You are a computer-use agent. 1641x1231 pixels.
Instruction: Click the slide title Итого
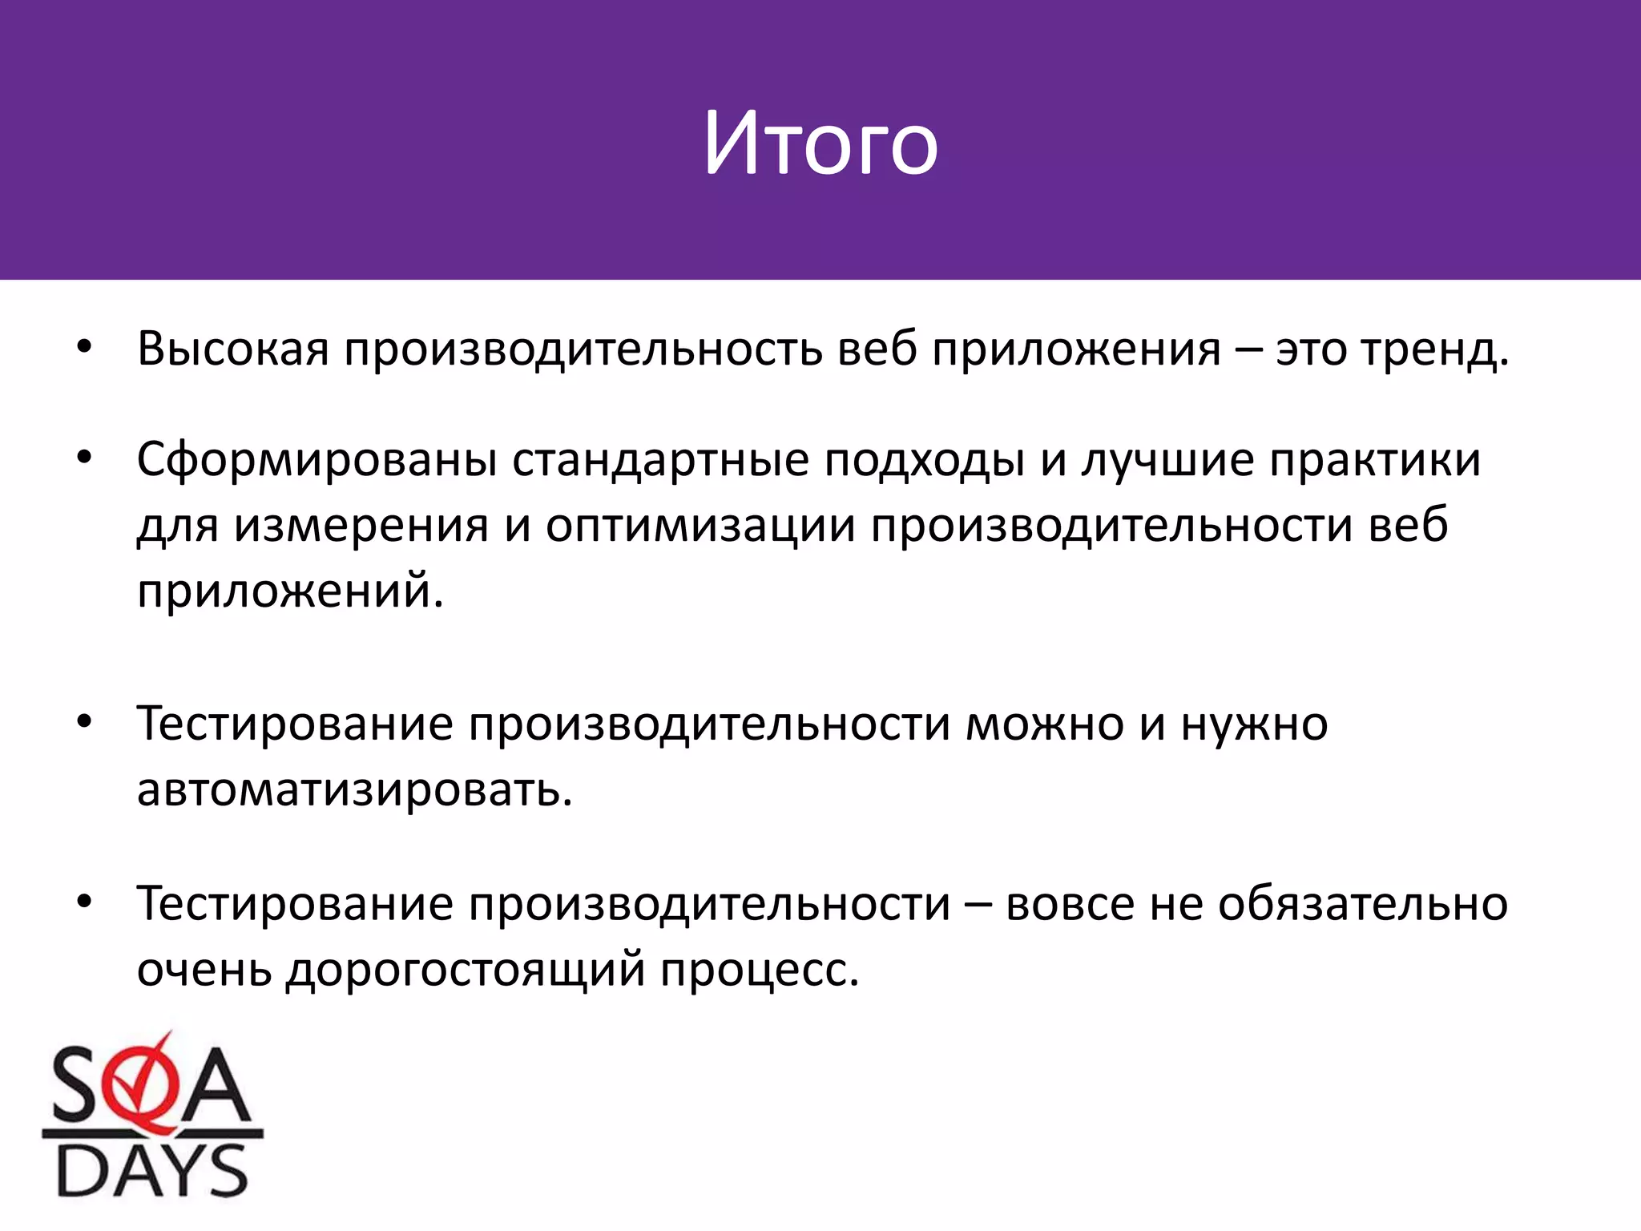pos(820,144)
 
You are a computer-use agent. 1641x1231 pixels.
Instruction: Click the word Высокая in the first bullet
pos(233,349)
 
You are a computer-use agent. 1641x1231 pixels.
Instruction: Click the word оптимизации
pos(701,527)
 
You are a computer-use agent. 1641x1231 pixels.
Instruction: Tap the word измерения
pos(361,527)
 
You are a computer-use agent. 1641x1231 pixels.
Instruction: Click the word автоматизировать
pos(355,789)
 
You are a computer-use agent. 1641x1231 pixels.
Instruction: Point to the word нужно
pos(1254,724)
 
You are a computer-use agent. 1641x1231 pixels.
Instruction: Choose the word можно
pos(1045,724)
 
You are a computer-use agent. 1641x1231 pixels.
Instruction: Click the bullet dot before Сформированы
pos(85,458)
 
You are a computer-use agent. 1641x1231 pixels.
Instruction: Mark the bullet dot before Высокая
pos(85,347)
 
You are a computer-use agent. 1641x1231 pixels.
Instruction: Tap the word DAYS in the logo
pos(152,1171)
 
